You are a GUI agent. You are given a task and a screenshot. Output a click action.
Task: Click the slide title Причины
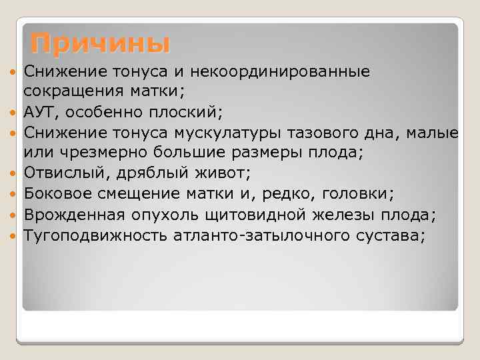coord(100,43)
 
